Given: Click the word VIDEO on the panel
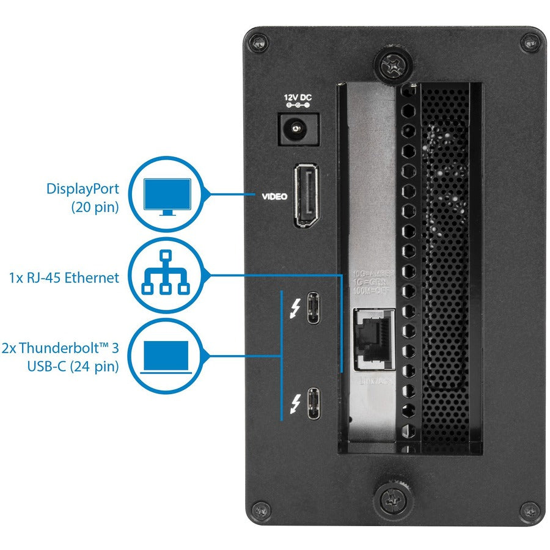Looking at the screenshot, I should pos(274,197).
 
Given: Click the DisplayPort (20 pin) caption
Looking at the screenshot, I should pos(82,197).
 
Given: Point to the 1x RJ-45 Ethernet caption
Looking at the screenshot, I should pos(64,278).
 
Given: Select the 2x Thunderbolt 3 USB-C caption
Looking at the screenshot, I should pos(60,357).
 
